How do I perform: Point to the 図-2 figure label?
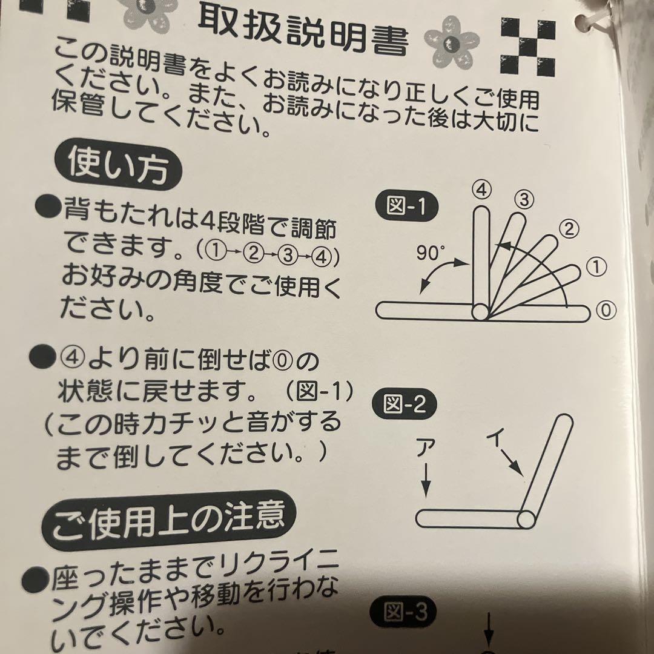pos(405,404)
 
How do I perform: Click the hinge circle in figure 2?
pos(525,519)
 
